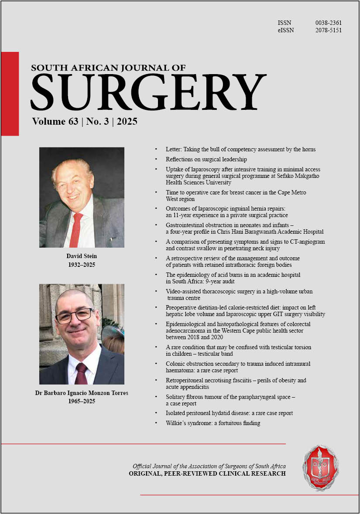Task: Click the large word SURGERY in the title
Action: click(148, 92)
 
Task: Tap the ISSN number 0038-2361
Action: click(328, 23)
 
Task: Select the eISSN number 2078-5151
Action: click(328, 31)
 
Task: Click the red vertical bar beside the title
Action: click(10, 93)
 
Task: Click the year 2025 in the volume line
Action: click(127, 121)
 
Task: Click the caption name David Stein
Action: click(82, 256)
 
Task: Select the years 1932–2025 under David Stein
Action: click(82, 265)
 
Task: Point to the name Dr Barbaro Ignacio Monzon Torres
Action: click(82, 393)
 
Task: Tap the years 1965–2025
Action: click(82, 401)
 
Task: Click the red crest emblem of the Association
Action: click(321, 468)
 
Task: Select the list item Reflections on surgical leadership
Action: click(206, 159)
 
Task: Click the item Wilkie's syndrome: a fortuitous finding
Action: click(213, 422)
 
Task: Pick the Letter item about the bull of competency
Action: click(240, 149)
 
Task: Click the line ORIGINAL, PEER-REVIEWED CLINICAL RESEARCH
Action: click(207, 473)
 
